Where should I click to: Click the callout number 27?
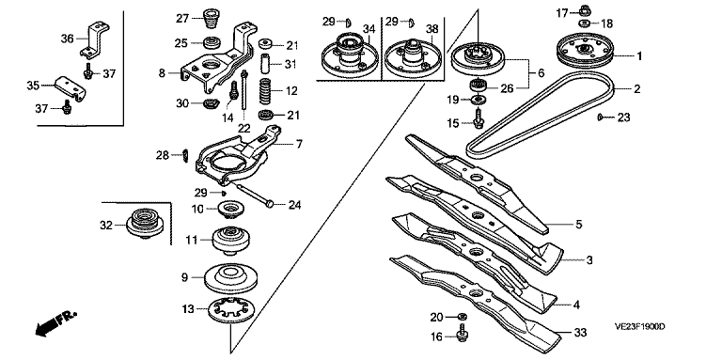(182, 19)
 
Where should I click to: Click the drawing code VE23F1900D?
(639, 326)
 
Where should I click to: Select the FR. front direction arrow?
(55, 323)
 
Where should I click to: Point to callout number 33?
(581, 333)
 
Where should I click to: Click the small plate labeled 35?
(71, 89)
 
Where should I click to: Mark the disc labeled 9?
(230, 277)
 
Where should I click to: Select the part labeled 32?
(145, 224)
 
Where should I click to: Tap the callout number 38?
(432, 29)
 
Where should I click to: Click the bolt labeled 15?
(477, 118)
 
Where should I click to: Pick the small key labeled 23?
(600, 117)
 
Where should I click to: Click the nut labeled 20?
(463, 316)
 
